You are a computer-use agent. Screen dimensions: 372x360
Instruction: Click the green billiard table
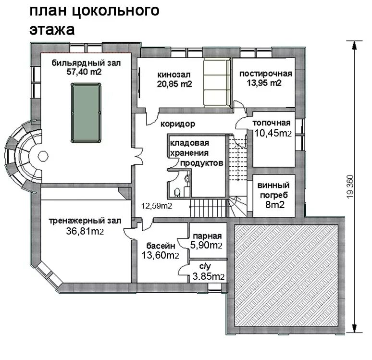click(86, 113)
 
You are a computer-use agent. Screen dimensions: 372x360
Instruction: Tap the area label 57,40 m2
click(84, 72)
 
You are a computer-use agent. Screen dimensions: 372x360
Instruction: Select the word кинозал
click(174, 75)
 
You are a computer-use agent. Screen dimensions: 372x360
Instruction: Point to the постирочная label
click(265, 74)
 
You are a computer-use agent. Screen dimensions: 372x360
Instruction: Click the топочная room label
click(272, 123)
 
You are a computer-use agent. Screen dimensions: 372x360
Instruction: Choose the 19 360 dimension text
click(350, 186)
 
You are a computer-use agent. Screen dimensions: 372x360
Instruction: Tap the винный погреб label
click(273, 190)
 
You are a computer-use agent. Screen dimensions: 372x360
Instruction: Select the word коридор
click(178, 124)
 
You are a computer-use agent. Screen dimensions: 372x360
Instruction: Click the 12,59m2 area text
click(157, 206)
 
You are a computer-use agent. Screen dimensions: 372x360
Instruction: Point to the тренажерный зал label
click(85, 221)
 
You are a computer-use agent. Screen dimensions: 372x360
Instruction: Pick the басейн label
click(161, 246)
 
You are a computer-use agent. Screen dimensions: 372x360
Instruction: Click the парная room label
click(207, 236)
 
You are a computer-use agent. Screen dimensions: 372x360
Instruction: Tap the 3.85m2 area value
click(208, 276)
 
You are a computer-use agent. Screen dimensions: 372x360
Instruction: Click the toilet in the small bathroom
click(177, 192)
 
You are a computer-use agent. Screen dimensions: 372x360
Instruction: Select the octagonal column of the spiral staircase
click(43, 156)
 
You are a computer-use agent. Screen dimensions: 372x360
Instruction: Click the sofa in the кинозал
click(217, 83)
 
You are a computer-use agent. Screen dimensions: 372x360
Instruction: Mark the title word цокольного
click(115, 11)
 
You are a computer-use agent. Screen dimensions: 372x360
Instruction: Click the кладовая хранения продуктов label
click(197, 153)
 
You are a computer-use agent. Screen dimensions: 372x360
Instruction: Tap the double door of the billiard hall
click(138, 157)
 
